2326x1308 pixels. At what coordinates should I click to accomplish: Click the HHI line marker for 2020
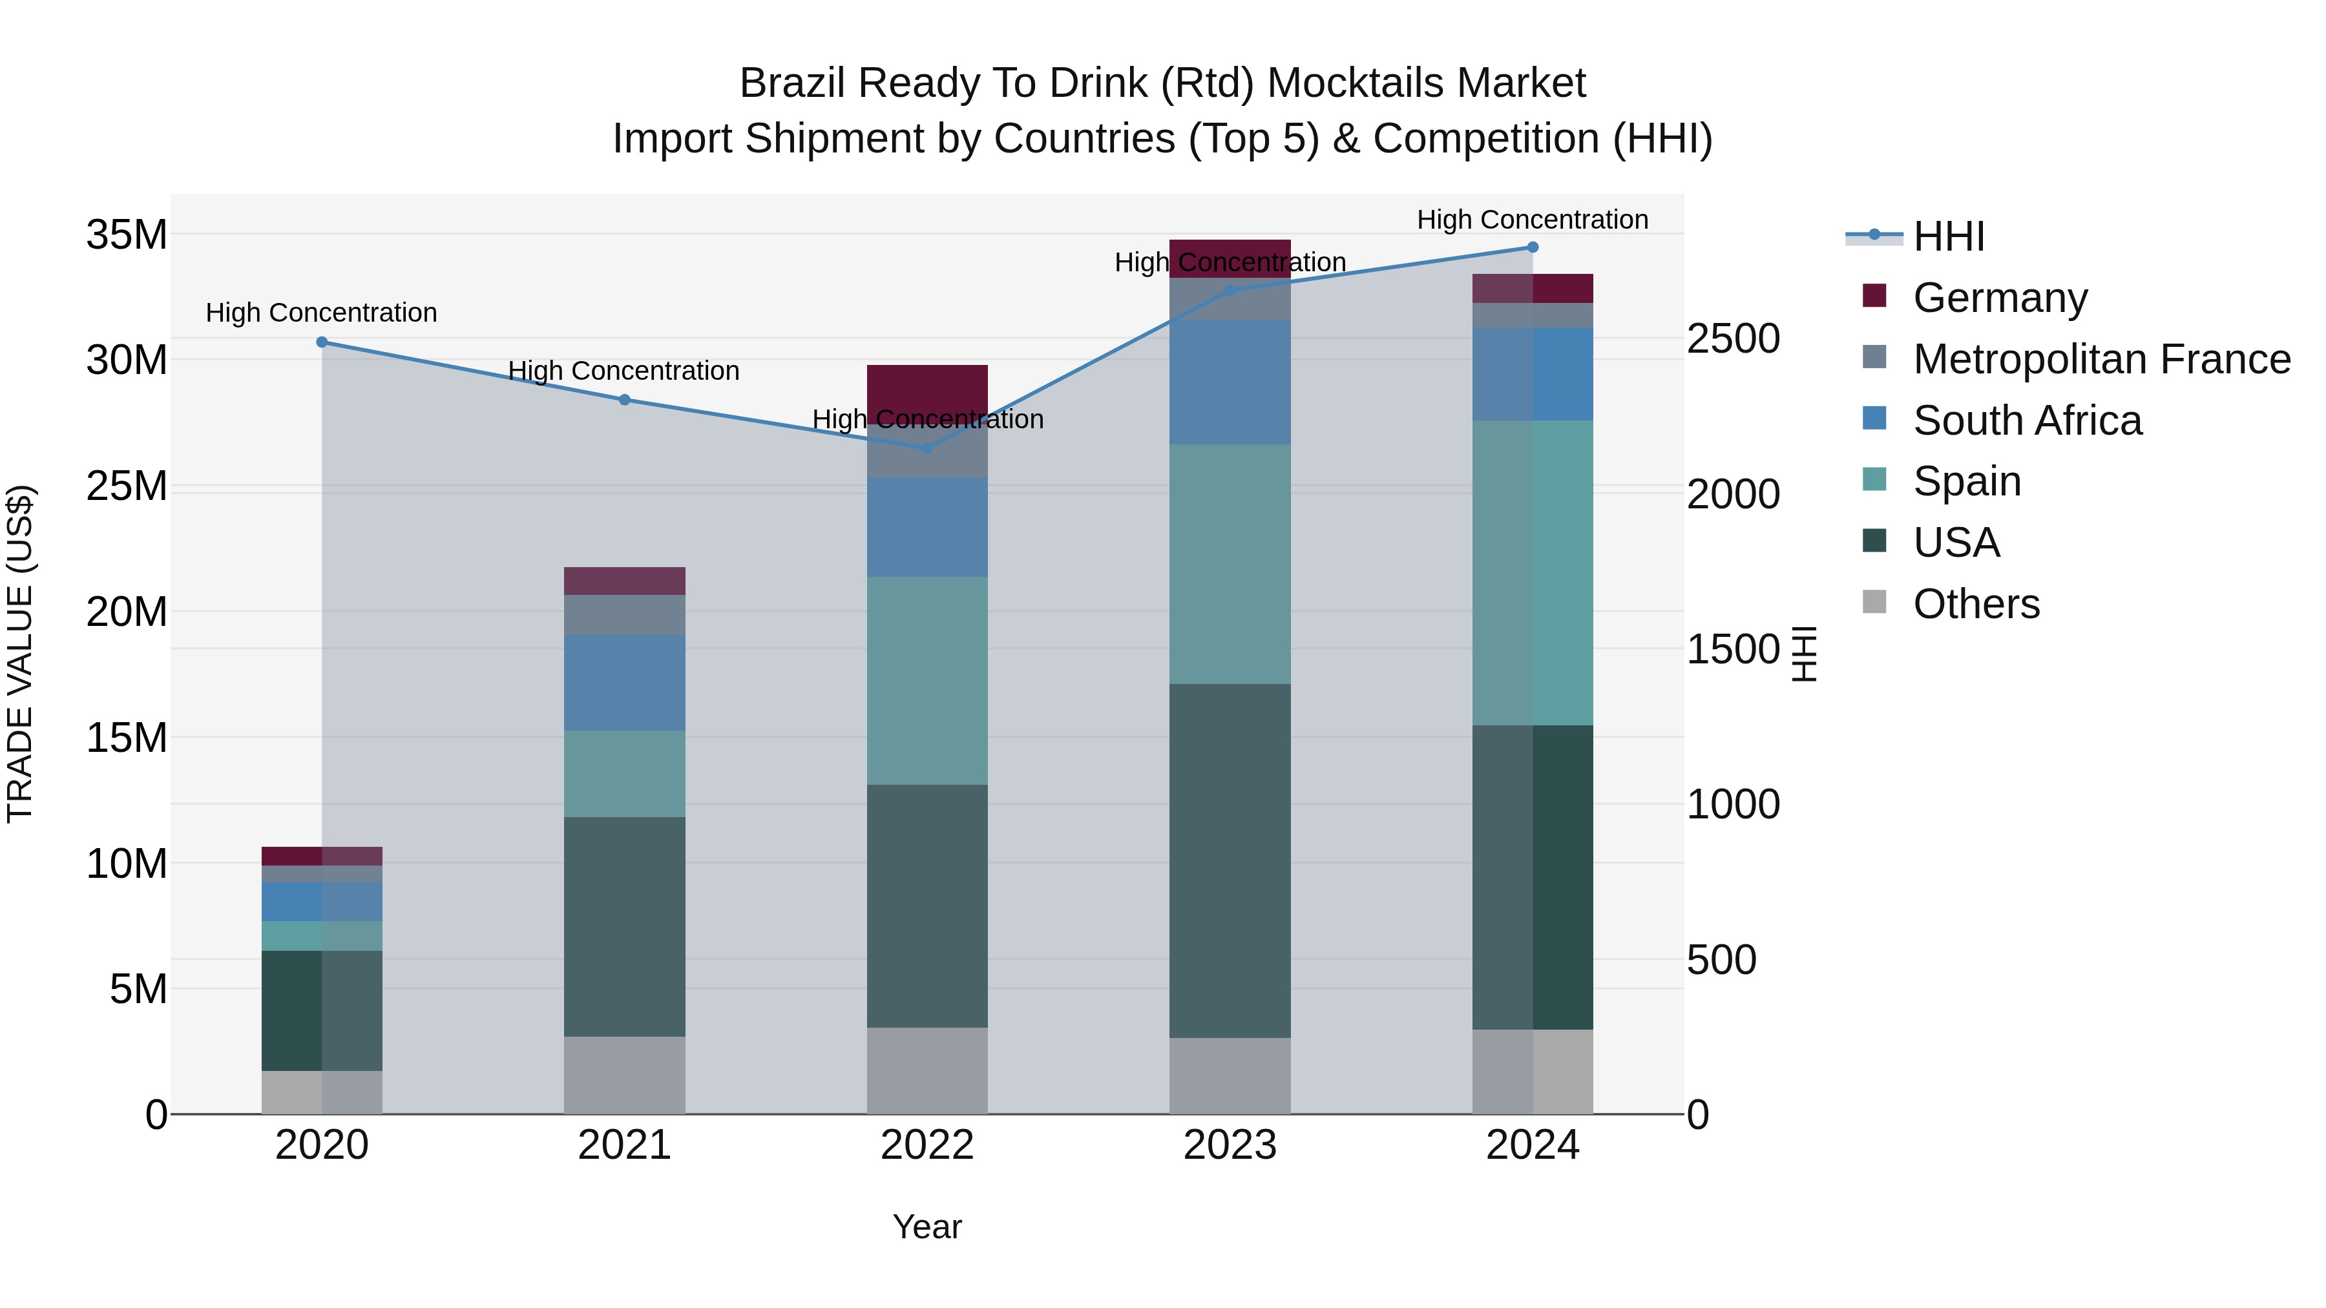click(322, 342)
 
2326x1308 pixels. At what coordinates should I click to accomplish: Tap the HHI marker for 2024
click(1533, 247)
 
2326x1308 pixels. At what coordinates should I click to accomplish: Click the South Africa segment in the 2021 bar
click(624, 683)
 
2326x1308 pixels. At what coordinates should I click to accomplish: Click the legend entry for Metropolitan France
click(2101, 359)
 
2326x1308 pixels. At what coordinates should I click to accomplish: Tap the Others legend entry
click(1976, 604)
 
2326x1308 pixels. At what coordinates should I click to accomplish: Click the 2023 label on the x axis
click(1229, 1145)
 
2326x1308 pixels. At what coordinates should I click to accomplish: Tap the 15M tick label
click(127, 738)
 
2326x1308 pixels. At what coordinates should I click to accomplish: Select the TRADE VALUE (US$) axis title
click(20, 654)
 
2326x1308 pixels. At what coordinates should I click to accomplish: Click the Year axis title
click(927, 1227)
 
